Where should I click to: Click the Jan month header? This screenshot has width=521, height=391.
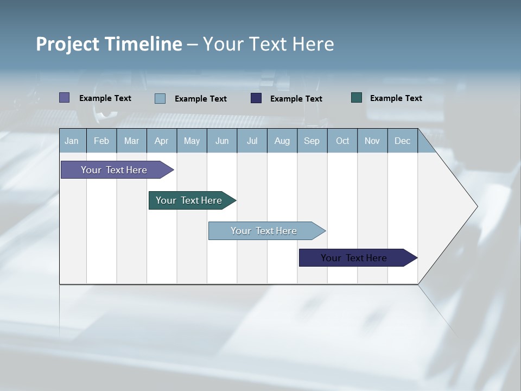tap(72, 141)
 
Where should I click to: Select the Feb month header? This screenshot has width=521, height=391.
tap(101, 141)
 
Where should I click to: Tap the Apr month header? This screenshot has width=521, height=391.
tap(161, 141)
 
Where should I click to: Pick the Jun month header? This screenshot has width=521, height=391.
tap(222, 141)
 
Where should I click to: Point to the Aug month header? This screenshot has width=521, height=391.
tap(282, 141)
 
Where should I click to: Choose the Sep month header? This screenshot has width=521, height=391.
tap(312, 141)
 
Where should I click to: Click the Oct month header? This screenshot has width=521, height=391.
tap(342, 141)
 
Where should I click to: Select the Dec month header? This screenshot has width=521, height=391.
tap(403, 141)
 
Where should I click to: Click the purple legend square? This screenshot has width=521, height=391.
tap(64, 98)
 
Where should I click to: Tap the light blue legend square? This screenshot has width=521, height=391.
tap(160, 98)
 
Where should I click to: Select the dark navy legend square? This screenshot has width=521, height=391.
tap(256, 98)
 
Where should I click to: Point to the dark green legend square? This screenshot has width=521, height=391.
tap(357, 98)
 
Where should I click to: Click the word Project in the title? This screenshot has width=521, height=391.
tap(67, 44)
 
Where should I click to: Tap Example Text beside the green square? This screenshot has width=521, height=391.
tap(396, 98)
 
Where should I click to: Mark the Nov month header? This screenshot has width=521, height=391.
tap(372, 141)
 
